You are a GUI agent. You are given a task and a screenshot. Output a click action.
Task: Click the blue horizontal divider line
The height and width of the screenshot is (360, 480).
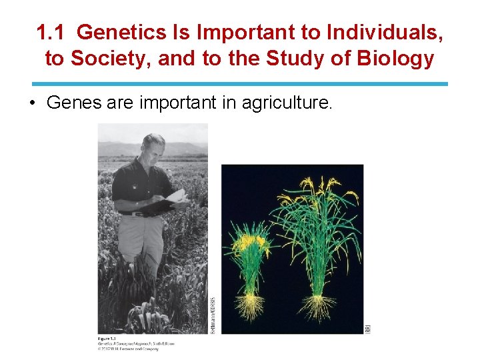pyautogui.click(x=240, y=84)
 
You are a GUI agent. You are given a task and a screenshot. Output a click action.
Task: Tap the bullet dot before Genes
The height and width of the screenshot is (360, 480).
pyautogui.click(x=33, y=103)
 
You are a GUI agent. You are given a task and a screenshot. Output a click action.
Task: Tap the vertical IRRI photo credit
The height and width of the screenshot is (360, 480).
pyautogui.click(x=367, y=327)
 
